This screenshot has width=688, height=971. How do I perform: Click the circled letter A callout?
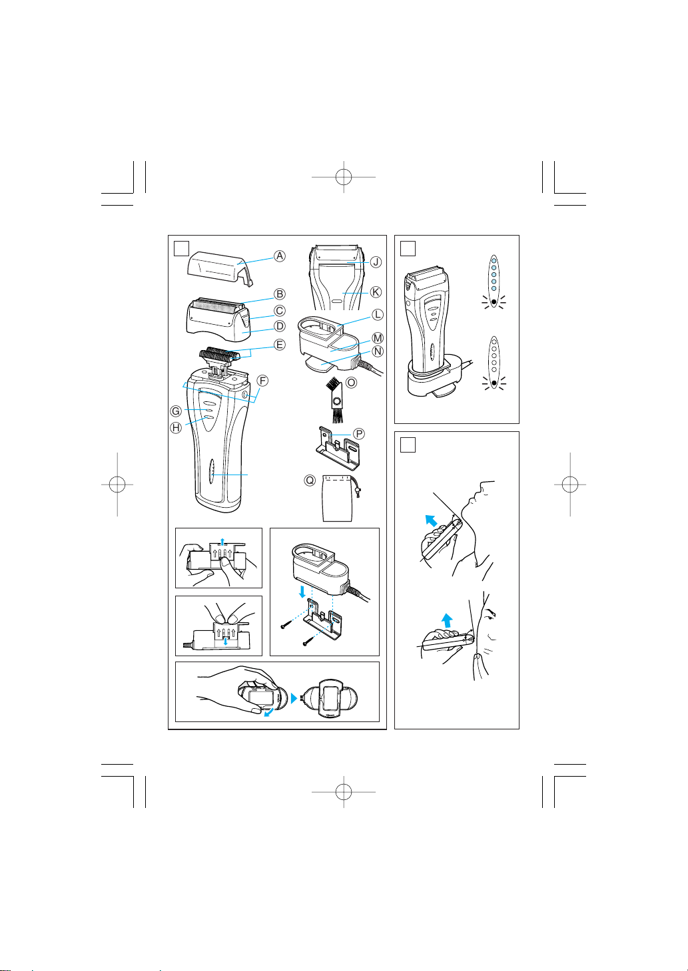[x=280, y=256]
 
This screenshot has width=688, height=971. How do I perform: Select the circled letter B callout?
[x=280, y=294]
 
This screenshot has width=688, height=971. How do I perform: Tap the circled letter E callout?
[x=280, y=345]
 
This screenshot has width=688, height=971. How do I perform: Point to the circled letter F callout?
[x=262, y=381]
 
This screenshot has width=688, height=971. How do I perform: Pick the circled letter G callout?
[x=176, y=411]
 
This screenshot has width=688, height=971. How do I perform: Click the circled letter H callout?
[x=176, y=428]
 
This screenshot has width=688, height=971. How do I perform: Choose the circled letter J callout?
[x=376, y=262]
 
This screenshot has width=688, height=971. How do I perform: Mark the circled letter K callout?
[x=376, y=292]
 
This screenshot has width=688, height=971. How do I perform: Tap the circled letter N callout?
[x=378, y=351]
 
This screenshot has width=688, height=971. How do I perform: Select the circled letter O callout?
[x=351, y=383]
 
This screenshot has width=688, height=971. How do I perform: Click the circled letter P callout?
[x=359, y=434]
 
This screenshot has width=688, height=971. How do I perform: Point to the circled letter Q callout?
[x=310, y=481]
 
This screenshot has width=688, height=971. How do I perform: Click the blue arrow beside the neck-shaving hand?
[x=431, y=520]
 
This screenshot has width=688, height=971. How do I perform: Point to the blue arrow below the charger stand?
[x=302, y=592]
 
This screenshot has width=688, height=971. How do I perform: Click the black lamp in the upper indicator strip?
[x=494, y=301]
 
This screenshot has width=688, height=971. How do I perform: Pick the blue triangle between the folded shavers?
[x=294, y=698]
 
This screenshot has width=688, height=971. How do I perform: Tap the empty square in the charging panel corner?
[x=408, y=249]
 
